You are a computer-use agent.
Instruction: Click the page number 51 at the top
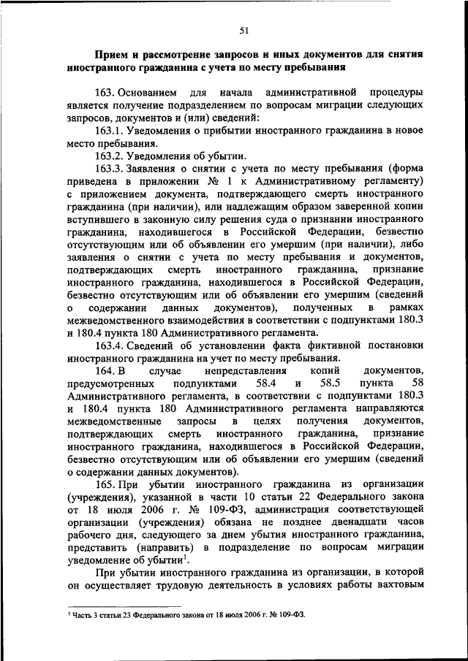click(244, 30)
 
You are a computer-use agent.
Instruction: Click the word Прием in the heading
click(113, 55)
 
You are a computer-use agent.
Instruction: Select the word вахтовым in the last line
click(399, 586)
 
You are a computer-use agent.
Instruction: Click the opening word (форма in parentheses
click(407, 169)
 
